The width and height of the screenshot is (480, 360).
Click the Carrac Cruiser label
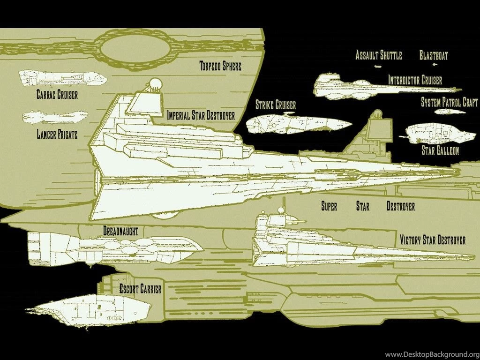pos(57,95)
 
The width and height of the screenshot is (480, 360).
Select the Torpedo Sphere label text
pos(220,66)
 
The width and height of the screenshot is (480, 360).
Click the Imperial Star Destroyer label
pos(201,115)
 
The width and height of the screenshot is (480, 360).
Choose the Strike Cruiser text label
pos(276,105)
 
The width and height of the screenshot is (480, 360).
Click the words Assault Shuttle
pos(379,55)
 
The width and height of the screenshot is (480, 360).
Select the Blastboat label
pos(434,56)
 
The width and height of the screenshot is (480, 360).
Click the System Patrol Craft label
pos(449,102)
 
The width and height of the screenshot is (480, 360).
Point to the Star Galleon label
pos(440,150)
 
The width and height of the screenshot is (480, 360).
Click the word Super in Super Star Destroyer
pos(329,206)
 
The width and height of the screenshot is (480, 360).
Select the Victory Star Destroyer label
pos(433,240)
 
